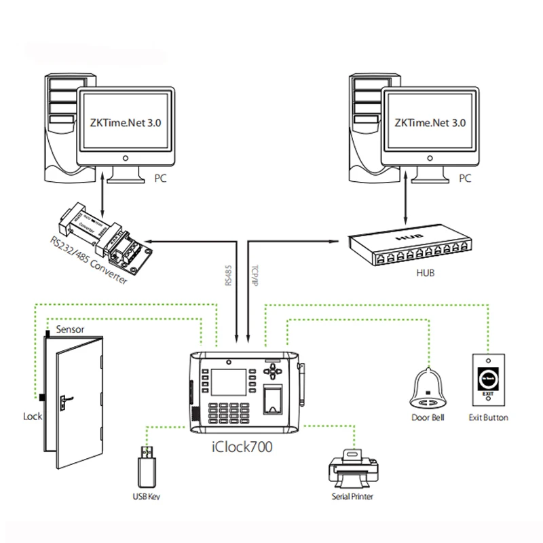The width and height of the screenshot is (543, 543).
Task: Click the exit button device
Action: (488, 381)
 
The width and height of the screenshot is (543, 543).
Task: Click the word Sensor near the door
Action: (69, 329)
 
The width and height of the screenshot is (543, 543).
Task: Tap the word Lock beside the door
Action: (33, 416)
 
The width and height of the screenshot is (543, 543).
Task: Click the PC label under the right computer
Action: (465, 181)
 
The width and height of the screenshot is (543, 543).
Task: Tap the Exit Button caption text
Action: (488, 417)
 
